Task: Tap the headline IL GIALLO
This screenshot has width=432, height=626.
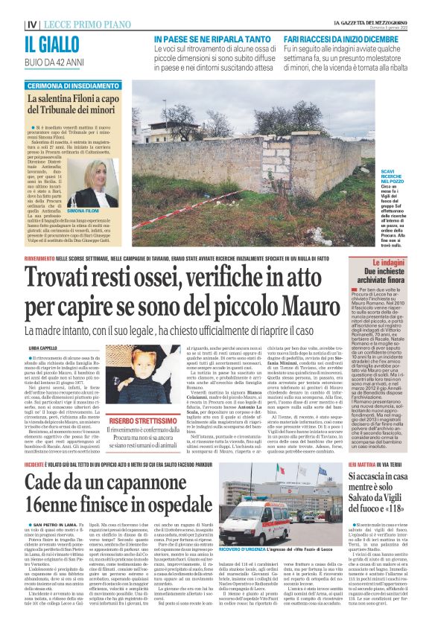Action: [39, 44]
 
